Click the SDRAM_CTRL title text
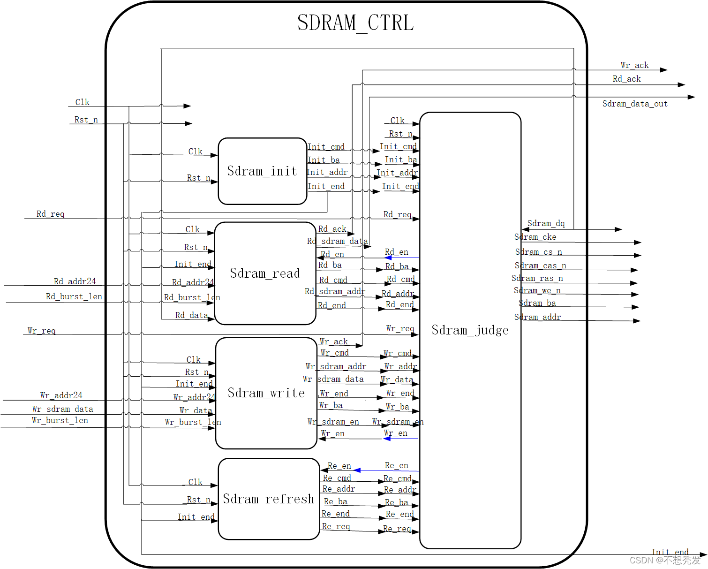pos(355,23)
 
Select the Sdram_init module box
pos(263,171)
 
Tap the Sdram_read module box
pos(265,273)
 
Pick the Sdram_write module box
pos(266,393)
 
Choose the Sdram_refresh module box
pos(269,499)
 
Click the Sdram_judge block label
pos(470,330)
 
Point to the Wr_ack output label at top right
pos(634,65)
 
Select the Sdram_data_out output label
pos(635,104)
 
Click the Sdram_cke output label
pos(535,237)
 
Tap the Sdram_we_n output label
pos(537,290)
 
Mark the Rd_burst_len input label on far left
pos(74,296)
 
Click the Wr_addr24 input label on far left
pos(61,395)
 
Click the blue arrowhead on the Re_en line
pos(357,470)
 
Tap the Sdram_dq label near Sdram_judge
pos(546,223)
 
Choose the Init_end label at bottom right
pos(670,552)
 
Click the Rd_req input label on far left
pos(51,214)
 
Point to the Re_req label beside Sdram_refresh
pos(336,526)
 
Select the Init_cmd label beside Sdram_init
pos(326,147)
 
